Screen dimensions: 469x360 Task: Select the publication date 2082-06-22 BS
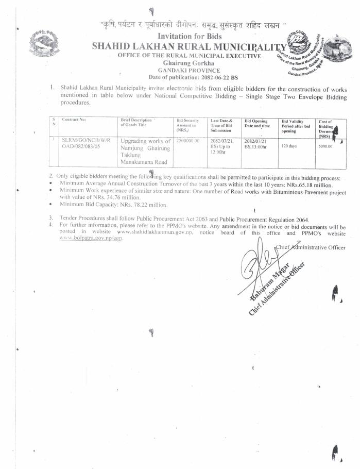(209, 77)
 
